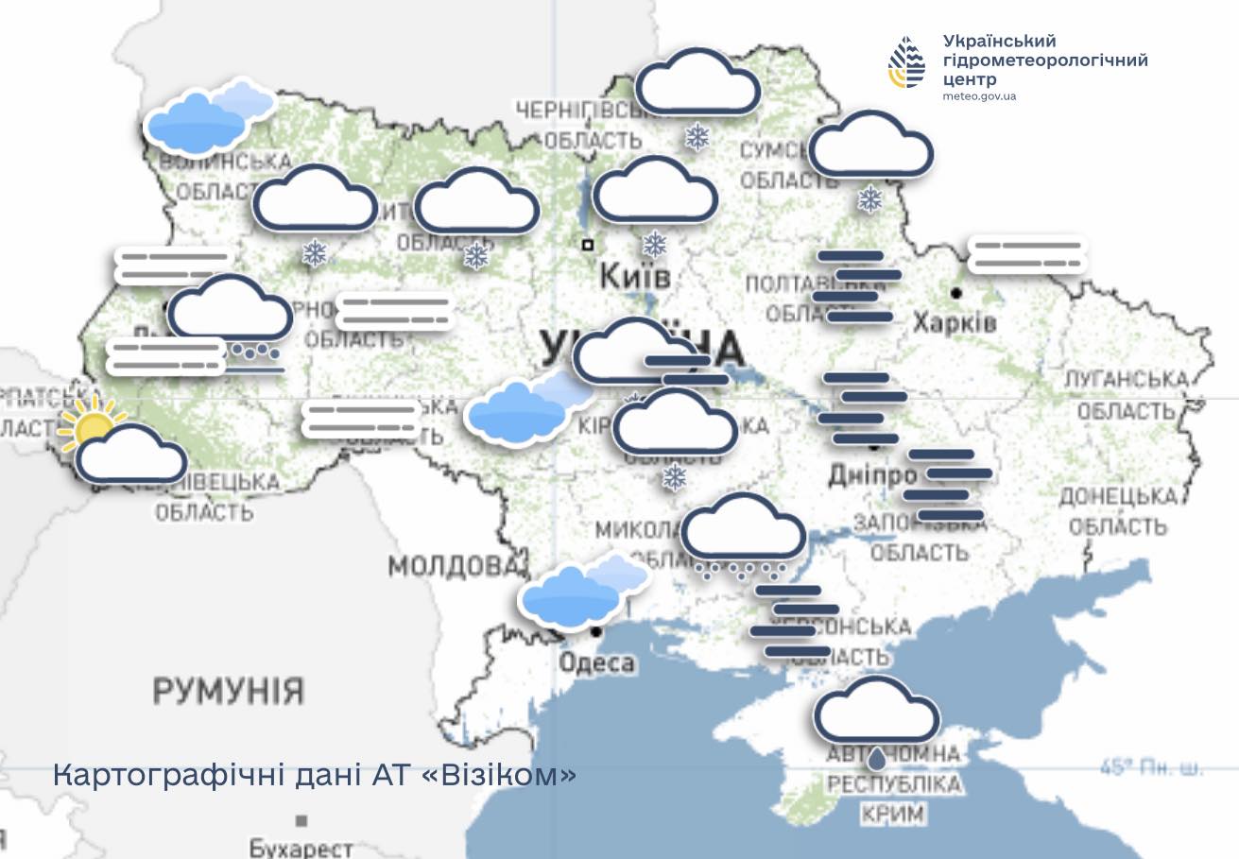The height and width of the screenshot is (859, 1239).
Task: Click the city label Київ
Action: point(635,277)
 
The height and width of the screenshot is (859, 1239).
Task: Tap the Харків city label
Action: point(955,323)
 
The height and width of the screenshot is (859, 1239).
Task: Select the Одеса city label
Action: point(596,662)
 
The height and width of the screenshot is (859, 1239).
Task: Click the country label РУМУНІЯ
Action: point(228,691)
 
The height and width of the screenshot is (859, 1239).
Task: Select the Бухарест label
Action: point(301,848)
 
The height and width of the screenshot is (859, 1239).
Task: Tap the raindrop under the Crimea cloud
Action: point(878,757)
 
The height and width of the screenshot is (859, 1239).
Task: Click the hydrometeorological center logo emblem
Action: point(907,62)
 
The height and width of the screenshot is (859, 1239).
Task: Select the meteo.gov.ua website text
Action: point(979,96)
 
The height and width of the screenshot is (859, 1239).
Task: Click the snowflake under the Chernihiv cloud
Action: point(697,138)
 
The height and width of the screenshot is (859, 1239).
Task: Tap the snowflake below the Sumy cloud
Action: point(869,198)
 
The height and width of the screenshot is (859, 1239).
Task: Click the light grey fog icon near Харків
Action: point(1027,253)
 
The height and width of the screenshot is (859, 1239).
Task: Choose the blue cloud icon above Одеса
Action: point(581,593)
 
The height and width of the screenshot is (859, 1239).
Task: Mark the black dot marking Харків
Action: point(956,292)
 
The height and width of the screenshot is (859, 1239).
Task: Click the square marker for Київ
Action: point(588,245)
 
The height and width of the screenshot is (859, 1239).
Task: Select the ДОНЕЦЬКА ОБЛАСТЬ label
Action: point(1118,509)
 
